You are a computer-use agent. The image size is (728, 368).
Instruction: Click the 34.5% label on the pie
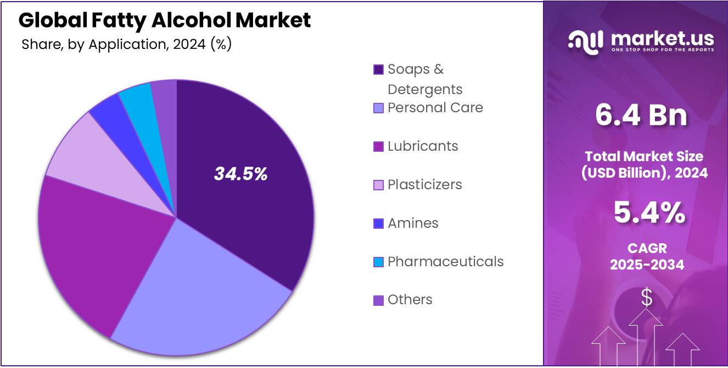click(x=240, y=174)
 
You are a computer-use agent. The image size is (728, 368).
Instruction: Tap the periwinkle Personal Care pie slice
click(x=209, y=297)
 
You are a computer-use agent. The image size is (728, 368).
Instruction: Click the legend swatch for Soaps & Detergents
click(x=378, y=70)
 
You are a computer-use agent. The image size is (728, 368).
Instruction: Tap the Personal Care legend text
click(x=435, y=108)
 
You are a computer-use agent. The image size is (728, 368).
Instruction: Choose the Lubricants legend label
click(x=422, y=146)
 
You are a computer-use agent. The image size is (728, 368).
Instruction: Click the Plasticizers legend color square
click(x=378, y=185)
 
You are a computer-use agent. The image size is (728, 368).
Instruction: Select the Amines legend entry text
click(x=413, y=223)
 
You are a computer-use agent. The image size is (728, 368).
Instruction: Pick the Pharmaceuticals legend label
click(x=445, y=261)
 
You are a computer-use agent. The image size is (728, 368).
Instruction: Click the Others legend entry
click(x=410, y=300)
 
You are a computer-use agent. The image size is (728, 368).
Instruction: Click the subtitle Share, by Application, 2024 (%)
click(x=126, y=45)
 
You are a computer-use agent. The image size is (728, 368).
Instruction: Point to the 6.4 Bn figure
click(x=641, y=116)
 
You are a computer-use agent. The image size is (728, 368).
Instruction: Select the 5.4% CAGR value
click(x=648, y=213)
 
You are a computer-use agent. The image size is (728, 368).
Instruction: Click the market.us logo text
click(x=662, y=39)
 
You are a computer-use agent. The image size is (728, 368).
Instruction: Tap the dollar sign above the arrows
click(x=647, y=298)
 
